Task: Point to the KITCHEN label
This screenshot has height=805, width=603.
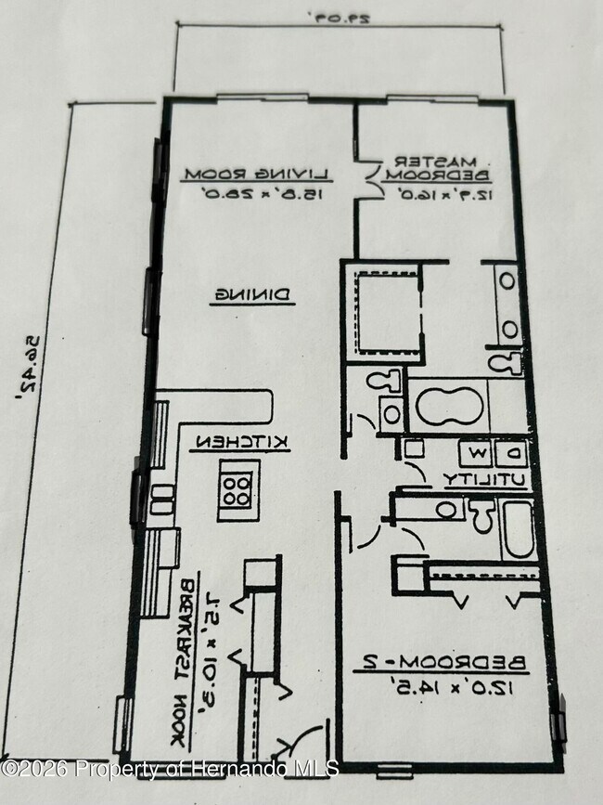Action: (242, 444)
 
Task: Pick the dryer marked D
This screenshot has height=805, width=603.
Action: (512, 453)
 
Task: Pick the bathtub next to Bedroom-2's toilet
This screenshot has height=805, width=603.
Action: (517, 530)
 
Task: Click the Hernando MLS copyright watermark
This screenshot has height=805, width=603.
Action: (170, 768)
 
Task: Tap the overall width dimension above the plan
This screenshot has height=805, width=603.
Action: (333, 18)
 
